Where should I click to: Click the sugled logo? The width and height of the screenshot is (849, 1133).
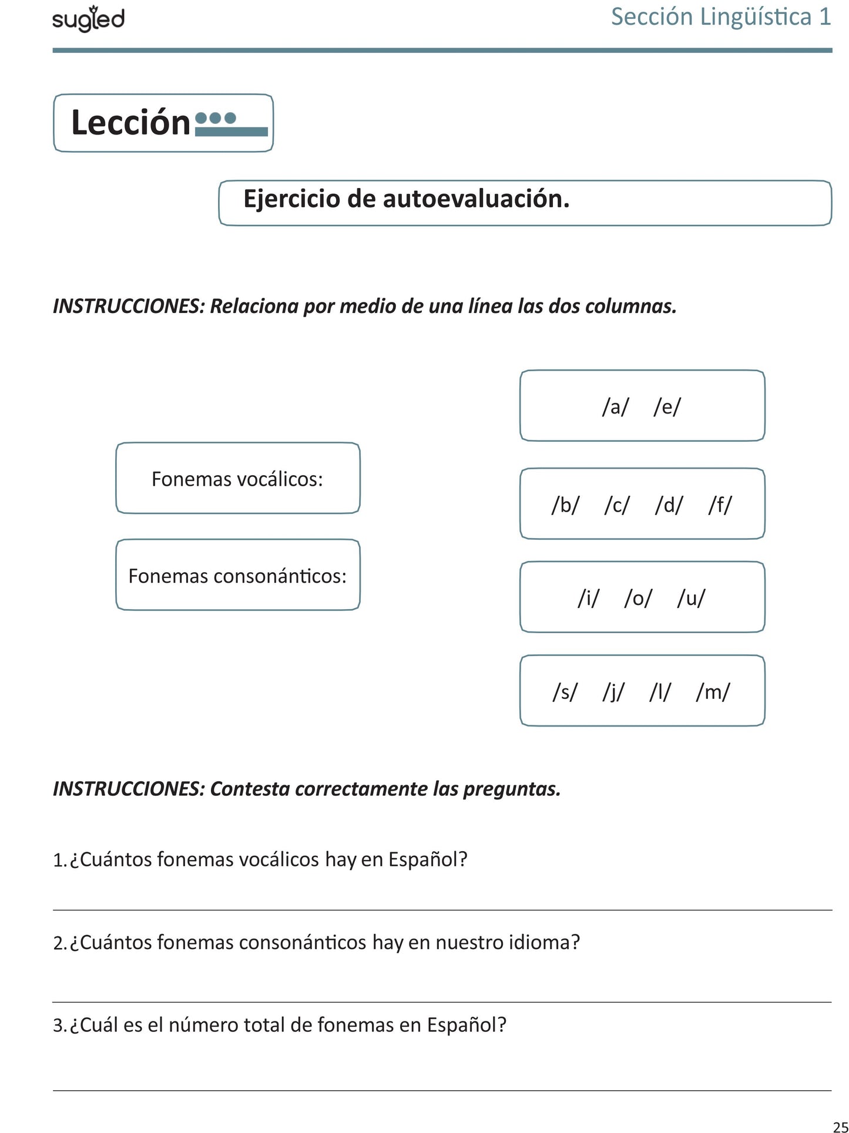coord(88,20)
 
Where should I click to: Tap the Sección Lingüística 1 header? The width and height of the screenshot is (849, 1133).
coord(721,16)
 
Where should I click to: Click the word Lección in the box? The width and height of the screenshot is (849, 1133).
coord(130,123)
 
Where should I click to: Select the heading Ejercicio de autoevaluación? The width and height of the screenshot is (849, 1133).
coord(406,199)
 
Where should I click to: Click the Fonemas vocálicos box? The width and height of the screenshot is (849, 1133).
coord(237,479)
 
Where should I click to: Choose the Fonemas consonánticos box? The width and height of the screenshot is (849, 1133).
coord(237,576)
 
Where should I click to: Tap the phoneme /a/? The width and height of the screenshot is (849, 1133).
coord(615,406)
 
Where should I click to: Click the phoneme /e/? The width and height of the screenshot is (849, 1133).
coord(667,406)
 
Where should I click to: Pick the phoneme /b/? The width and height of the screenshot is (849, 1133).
coord(565,505)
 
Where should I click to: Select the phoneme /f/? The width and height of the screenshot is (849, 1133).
coord(720,505)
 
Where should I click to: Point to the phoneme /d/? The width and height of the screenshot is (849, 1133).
coord(669,505)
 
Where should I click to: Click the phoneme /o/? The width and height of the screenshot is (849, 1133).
coord(638,598)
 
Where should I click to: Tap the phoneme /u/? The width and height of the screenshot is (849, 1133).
coord(691,598)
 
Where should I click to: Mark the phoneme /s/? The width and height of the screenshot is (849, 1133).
coord(565,692)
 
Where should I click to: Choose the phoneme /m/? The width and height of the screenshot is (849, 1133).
coord(713,692)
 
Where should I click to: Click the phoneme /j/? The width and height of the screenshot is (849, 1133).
coord(613,692)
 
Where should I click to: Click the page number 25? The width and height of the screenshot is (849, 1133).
coord(840,1126)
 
